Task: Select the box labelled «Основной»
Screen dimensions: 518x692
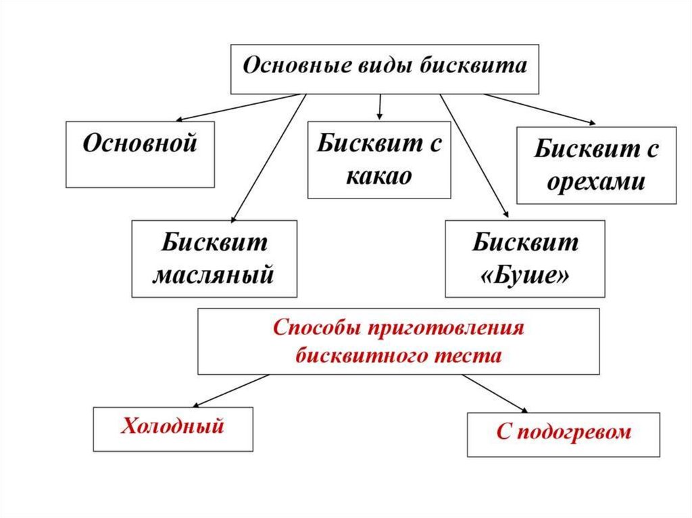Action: (x=140, y=153)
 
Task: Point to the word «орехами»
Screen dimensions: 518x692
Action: (x=596, y=181)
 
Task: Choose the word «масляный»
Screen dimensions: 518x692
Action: (x=214, y=275)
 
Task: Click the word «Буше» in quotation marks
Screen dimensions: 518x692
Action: (x=524, y=275)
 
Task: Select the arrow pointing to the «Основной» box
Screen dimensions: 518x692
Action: (x=176, y=108)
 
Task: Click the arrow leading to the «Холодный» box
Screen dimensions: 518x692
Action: (x=230, y=390)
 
